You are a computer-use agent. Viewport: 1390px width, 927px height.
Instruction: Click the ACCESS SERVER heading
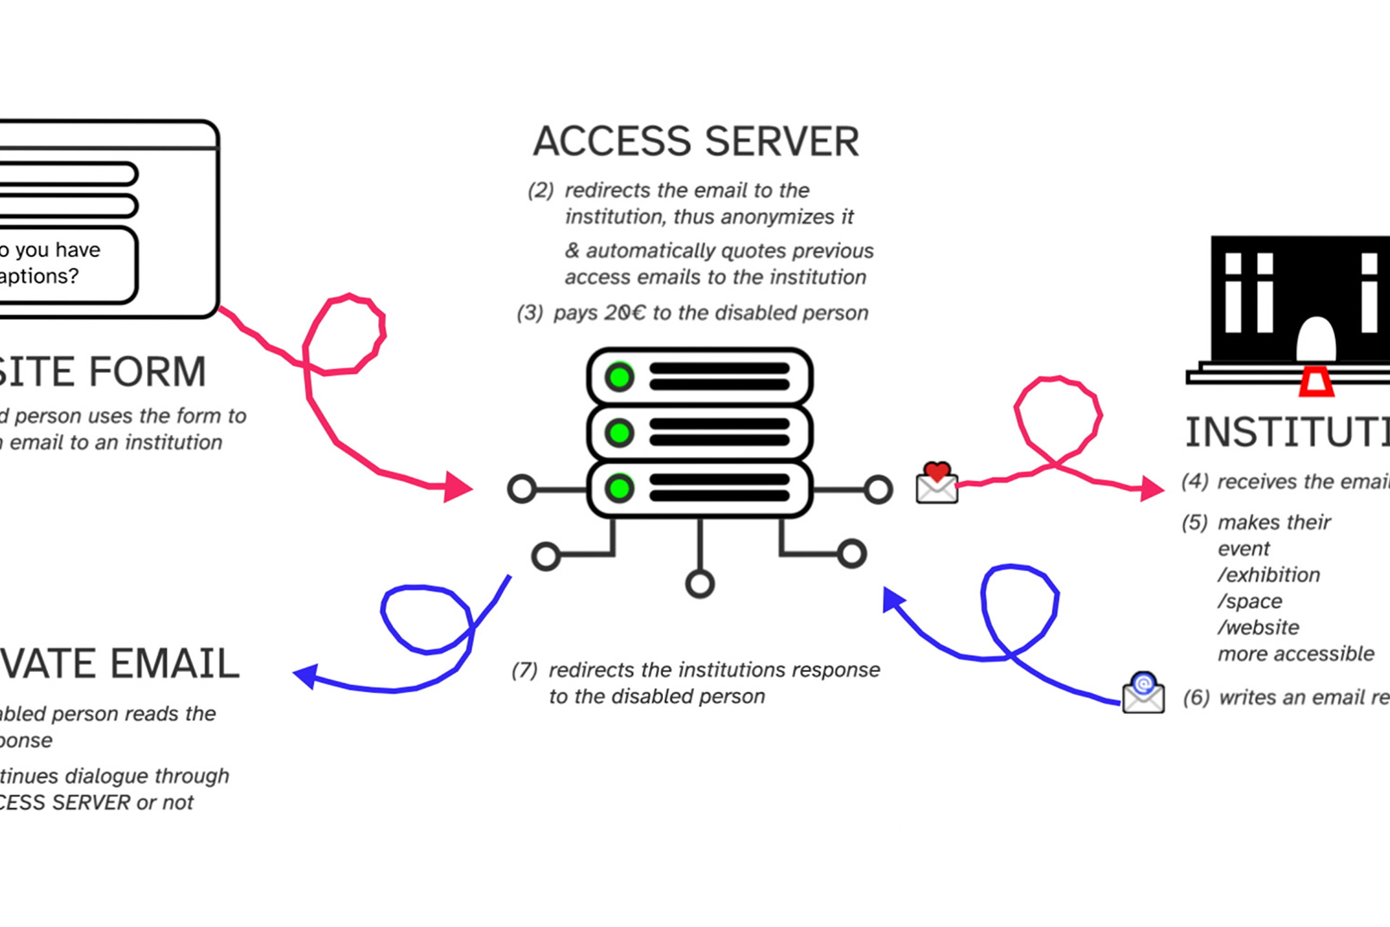tap(696, 141)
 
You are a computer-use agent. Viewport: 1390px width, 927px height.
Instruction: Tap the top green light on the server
tap(620, 377)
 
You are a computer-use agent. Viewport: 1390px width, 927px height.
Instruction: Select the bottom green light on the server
tap(620, 488)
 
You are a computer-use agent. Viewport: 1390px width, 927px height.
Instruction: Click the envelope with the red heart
tap(937, 483)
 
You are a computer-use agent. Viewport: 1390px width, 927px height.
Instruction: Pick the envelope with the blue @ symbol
tap(1143, 693)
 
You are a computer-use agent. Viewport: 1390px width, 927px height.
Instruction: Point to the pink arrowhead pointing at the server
tap(458, 487)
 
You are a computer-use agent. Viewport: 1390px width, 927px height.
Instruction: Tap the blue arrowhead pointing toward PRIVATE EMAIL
tap(306, 676)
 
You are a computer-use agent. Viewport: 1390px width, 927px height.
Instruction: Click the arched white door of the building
tap(1315, 339)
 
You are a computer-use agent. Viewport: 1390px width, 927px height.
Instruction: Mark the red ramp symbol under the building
tap(1315, 381)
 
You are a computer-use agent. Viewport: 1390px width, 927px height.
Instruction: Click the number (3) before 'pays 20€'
tap(529, 313)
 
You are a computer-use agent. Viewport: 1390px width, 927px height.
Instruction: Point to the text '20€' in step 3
tap(624, 313)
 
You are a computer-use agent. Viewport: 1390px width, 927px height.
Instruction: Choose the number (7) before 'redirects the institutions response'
tap(524, 670)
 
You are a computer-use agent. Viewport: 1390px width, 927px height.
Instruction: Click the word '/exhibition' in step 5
tap(1268, 575)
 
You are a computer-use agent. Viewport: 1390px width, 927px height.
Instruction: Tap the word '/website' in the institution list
tap(1258, 627)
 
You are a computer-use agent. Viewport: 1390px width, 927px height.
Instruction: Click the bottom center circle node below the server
tap(699, 584)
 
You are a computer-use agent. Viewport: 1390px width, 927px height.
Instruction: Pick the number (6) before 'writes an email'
tap(1196, 697)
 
